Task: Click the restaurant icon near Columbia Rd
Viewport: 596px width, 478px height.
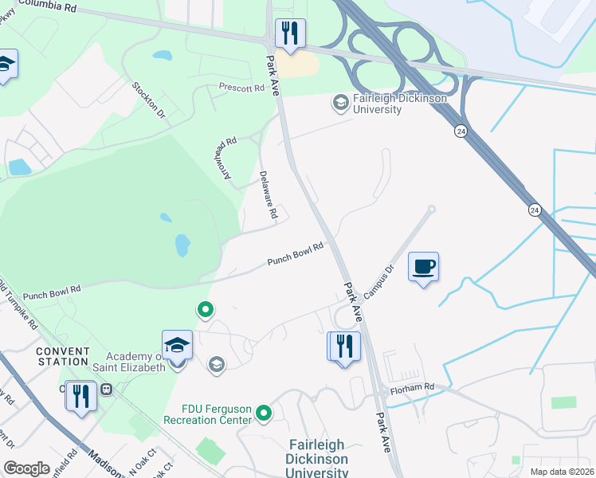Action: tap(289, 33)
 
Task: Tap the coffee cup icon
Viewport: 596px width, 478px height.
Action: tap(424, 266)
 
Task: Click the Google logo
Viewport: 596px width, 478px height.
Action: tap(27, 468)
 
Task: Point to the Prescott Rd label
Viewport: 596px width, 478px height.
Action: tap(241, 88)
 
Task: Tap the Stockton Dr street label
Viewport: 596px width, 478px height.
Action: tap(149, 100)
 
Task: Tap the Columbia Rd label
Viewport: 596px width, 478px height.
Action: tap(47, 6)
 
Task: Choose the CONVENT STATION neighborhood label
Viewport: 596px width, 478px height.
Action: tap(62, 355)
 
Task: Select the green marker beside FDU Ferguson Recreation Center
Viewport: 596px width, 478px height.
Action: tap(264, 414)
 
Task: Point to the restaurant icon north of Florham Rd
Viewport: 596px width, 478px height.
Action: tap(344, 347)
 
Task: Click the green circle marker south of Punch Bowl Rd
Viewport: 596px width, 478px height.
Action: tap(206, 309)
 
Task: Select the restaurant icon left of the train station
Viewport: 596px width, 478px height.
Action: tap(80, 395)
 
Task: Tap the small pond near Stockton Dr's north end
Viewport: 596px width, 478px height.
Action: tap(162, 57)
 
